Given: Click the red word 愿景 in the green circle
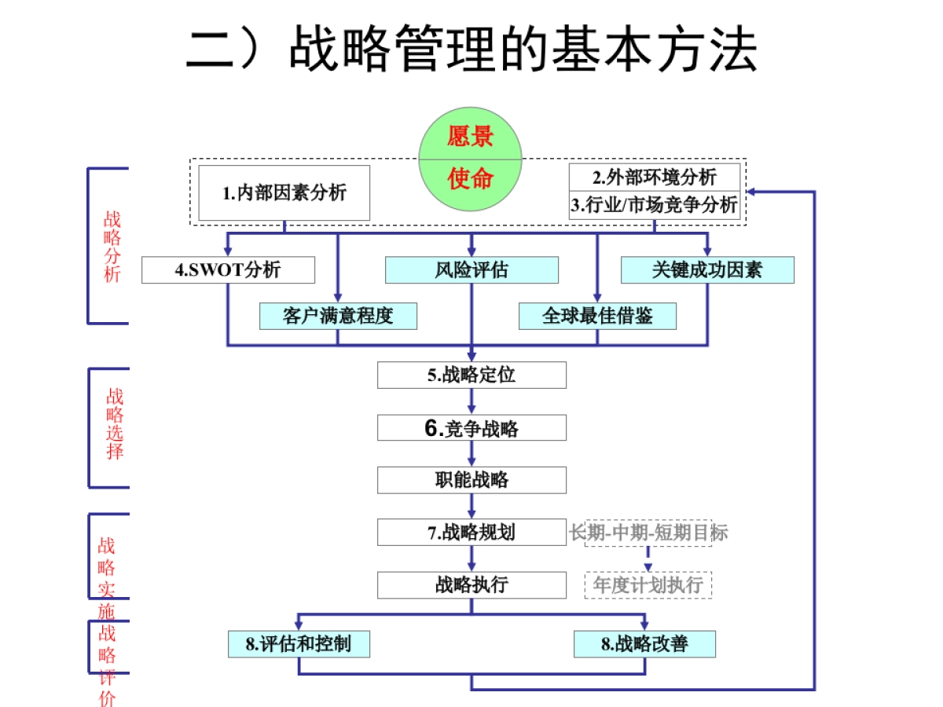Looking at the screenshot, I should point(470,136).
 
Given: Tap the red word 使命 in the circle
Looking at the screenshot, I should point(470,179).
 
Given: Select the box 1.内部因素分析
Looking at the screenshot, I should point(284,192).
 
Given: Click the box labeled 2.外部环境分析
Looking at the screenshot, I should point(654,177).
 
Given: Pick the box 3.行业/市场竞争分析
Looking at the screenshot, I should point(654,205).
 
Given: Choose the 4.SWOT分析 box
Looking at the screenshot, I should point(228,270).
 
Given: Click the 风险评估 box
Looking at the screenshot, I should point(472,270).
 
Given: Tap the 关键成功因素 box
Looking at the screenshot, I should point(707,270).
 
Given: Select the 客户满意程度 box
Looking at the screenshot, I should point(338,316).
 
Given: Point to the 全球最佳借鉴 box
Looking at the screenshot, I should point(597,316).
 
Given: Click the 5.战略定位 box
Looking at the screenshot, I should point(472,375).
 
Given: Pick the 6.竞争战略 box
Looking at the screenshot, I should point(472,428).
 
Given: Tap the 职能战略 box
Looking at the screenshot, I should point(472,480).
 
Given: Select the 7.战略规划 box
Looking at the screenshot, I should point(472,532).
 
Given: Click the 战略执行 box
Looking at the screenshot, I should point(472,584).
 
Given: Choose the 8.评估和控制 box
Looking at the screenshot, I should point(299,644).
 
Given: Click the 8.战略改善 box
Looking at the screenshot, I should point(644,644).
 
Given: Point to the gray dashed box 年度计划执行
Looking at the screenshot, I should point(648,585).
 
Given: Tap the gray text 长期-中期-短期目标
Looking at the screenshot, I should point(648,533).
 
